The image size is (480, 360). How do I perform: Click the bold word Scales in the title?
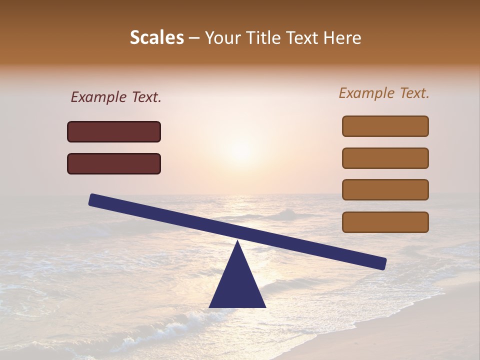[156, 37]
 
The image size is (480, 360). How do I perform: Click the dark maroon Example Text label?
[116, 97]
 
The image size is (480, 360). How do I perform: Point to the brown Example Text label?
[384, 93]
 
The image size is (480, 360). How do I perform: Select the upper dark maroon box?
[114, 131]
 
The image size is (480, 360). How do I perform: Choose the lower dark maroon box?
[114, 163]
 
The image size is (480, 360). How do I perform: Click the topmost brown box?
[385, 126]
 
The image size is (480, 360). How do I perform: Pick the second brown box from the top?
[385, 158]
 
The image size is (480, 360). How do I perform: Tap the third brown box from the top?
[385, 190]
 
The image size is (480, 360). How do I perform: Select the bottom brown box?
[385, 222]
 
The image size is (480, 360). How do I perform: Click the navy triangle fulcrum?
[237, 285]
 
